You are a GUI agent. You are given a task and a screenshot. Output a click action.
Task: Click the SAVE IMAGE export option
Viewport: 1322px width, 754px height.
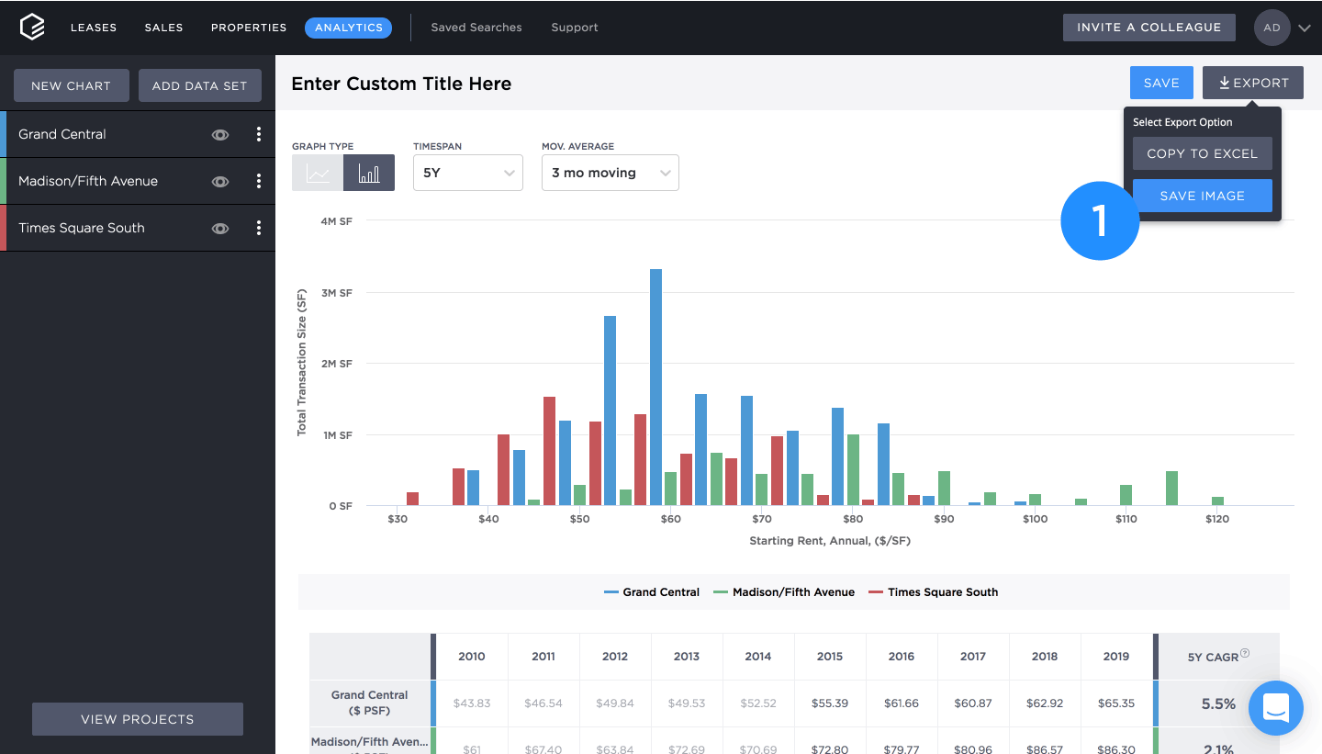coord(1202,196)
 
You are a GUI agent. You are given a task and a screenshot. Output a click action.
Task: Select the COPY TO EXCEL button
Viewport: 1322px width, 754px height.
coord(1202,153)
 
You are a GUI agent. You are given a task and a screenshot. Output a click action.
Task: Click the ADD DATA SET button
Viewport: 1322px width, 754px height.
coord(199,85)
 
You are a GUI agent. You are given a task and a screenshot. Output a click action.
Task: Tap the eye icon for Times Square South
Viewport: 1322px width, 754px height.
coord(220,229)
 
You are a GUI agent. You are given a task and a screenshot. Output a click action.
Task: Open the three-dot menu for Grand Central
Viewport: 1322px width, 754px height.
coord(259,134)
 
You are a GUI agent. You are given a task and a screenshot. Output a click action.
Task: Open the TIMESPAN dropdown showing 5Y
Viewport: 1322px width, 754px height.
coord(467,173)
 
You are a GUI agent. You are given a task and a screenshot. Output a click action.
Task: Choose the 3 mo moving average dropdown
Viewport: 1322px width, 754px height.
coord(610,173)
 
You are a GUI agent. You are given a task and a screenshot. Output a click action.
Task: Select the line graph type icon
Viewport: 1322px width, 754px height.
coord(318,173)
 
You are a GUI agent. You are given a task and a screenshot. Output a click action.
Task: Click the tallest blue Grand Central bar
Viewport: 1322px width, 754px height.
coord(655,386)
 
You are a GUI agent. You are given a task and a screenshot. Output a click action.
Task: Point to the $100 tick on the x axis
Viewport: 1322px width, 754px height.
coord(1035,519)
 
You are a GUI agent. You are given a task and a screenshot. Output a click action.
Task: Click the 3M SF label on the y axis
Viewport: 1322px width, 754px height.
coord(336,293)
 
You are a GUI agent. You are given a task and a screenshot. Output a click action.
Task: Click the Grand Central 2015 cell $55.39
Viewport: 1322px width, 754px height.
coord(829,703)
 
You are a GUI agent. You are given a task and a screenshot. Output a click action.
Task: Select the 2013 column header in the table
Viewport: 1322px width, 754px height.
coord(686,657)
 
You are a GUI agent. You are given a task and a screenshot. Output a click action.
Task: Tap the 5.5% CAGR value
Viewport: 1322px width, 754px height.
coord(1218,703)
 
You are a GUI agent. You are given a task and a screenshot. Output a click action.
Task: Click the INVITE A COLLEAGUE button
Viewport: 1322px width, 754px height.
coord(1148,28)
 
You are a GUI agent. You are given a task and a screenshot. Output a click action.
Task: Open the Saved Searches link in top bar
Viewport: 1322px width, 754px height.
coord(476,28)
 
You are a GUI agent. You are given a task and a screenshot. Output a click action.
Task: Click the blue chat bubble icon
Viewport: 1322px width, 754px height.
coord(1275,708)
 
